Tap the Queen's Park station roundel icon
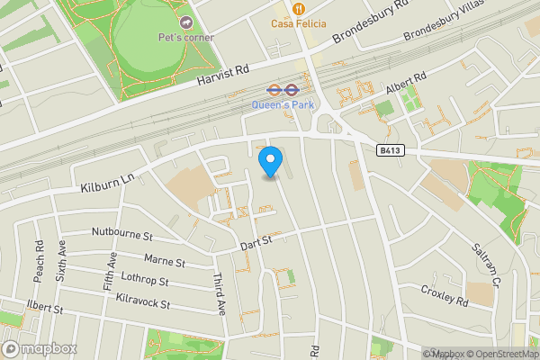pos(275,90)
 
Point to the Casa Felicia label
pos(299,23)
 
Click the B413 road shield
pos(389,151)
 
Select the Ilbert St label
pos(44,308)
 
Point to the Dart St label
pos(256,241)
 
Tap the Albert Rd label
pos(404,88)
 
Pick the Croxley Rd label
pos(445,294)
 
